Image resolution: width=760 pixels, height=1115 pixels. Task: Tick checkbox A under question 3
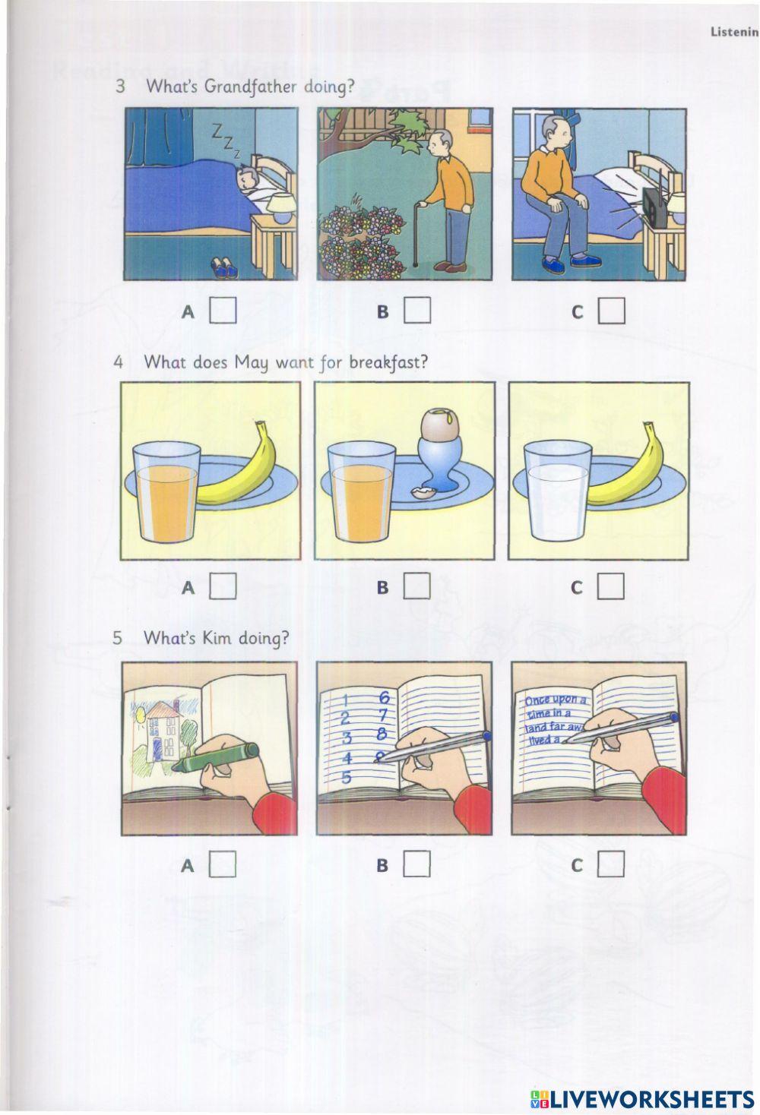click(223, 310)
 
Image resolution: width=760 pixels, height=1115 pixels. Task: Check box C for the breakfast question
click(610, 586)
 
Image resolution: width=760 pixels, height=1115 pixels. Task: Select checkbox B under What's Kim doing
click(416, 863)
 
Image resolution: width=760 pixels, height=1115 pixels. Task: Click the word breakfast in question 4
click(388, 362)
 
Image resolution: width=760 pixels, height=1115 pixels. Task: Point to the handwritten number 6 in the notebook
click(384, 696)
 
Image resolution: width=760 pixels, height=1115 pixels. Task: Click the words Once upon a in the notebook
click(556, 700)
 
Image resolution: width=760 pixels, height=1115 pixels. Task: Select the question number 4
click(118, 362)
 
